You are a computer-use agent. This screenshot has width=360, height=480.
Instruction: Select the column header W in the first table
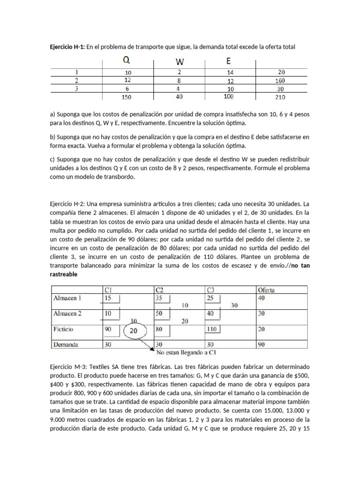pos(180,61)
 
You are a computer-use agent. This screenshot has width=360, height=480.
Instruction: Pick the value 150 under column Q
pos(127,97)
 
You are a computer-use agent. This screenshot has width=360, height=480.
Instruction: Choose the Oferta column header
pos(266,290)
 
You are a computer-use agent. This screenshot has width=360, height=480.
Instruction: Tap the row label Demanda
pos(66,345)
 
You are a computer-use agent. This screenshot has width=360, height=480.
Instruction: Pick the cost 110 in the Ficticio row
pos(212,329)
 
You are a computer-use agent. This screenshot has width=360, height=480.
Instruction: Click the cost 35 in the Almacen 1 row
pos(160,298)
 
